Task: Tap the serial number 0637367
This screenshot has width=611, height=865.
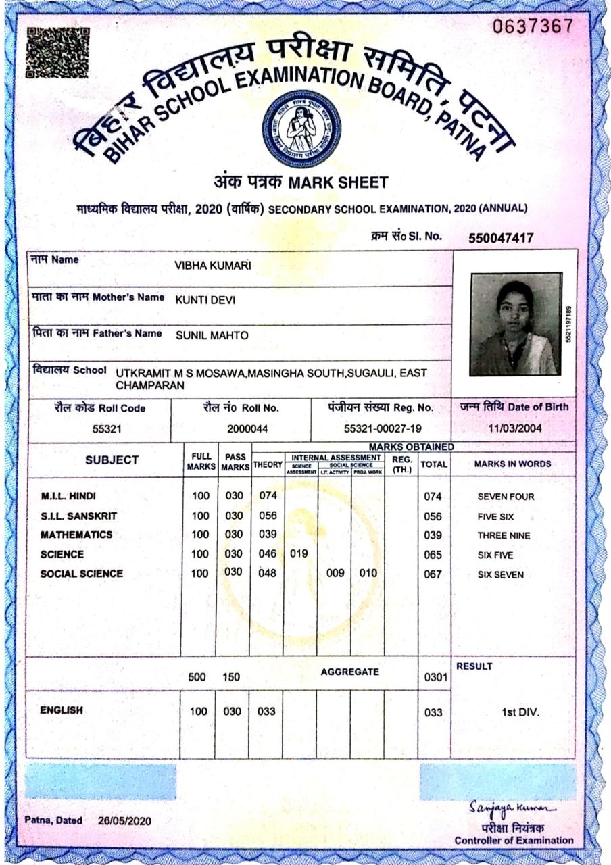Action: [x=533, y=26]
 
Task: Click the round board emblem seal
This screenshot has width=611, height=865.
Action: [x=301, y=128]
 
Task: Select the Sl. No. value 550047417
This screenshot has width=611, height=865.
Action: [x=501, y=238]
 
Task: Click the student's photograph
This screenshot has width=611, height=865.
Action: [x=516, y=324]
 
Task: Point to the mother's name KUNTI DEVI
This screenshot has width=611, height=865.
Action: [x=205, y=300]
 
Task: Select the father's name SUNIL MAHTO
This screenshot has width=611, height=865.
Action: [x=212, y=335]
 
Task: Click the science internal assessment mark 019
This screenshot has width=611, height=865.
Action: [x=299, y=554]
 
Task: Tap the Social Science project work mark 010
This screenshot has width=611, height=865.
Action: [x=368, y=574]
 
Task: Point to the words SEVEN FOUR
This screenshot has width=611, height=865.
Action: [x=506, y=497]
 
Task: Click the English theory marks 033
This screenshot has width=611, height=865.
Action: [x=267, y=712]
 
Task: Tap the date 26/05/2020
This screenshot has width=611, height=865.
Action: [x=125, y=820]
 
